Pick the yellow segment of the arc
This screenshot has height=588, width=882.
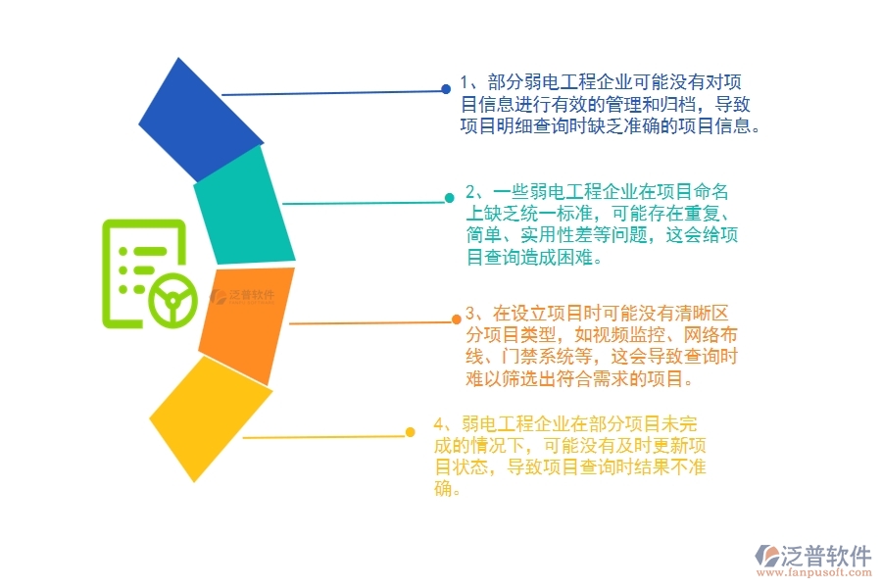(x=210, y=416)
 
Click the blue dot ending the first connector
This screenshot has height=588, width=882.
(x=446, y=90)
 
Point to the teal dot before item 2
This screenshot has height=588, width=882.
(x=449, y=198)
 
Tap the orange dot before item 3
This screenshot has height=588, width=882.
(x=456, y=318)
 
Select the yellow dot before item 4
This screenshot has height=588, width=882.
(x=411, y=432)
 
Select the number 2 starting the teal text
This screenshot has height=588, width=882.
(x=471, y=191)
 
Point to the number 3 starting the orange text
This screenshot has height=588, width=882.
(x=471, y=314)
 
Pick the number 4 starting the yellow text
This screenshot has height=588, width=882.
(x=439, y=424)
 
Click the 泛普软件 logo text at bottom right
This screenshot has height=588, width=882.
(x=825, y=555)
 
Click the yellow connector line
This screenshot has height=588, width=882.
(x=323, y=436)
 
